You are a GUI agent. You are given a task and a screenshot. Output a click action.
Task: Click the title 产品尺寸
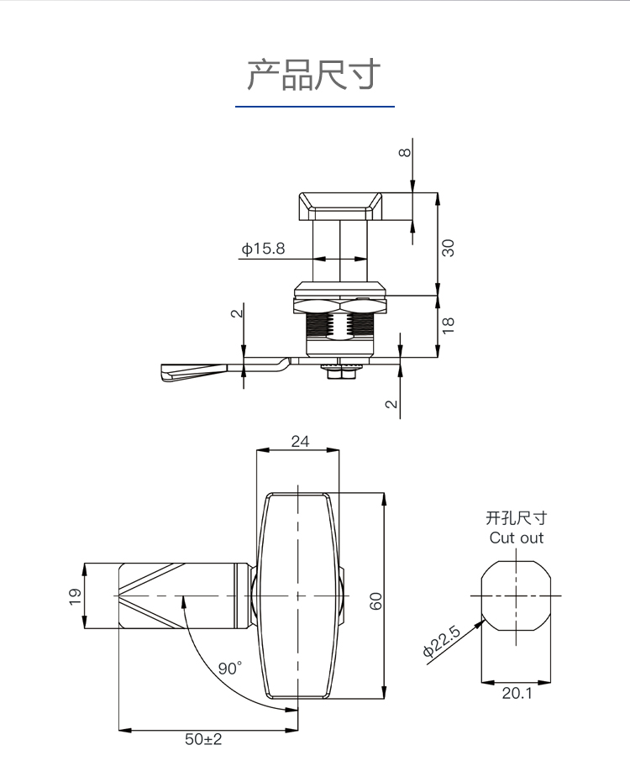pos(314,75)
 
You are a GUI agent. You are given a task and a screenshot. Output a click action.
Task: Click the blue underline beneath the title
pos(314,107)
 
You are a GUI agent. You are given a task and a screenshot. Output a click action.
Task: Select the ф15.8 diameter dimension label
pos(263,249)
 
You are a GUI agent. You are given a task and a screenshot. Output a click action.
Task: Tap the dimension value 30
pos(449,248)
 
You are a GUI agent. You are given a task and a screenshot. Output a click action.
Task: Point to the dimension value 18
pos(449,324)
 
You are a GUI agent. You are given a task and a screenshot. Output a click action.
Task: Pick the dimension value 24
pos(299,441)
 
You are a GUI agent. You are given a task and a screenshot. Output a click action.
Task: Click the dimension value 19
pos(74,595)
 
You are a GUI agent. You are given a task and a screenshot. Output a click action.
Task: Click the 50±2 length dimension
pos(203,740)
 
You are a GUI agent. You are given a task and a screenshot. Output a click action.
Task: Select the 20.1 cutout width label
pos(517,693)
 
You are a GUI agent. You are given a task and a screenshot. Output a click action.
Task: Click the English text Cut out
pos(517,538)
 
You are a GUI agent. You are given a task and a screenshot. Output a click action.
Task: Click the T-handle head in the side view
pos(340,206)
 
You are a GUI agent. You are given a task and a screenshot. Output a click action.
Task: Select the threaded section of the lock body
pos(339,323)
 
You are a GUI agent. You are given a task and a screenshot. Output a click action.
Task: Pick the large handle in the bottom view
pos(298,596)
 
